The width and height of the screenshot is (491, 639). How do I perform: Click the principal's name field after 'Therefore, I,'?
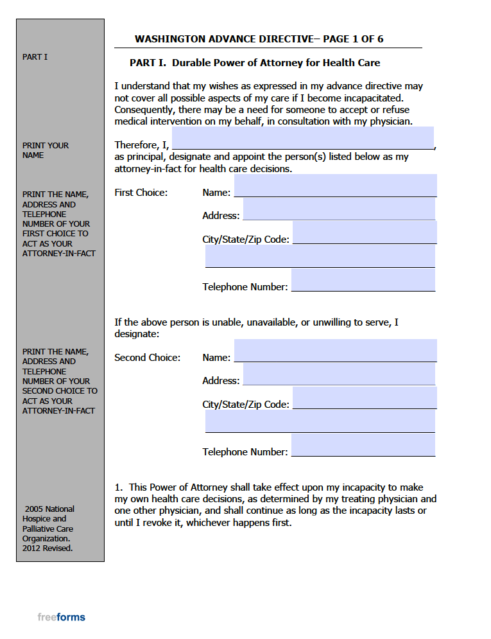click(302, 137)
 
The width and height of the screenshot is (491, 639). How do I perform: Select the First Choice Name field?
click(335, 186)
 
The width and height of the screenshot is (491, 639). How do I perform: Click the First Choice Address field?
click(339, 209)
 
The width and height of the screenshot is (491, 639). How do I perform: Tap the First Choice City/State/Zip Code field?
click(364, 232)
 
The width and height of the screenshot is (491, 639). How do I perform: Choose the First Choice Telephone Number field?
click(363, 280)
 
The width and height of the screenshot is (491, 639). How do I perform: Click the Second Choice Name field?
click(335, 351)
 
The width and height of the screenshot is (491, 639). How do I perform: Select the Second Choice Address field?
click(339, 374)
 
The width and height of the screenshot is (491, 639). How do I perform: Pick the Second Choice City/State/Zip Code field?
click(364, 398)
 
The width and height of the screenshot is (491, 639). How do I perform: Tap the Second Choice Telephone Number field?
click(363, 445)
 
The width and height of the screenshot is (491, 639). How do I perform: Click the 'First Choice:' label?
click(141, 193)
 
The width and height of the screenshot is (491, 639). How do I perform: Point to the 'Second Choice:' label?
click(147, 358)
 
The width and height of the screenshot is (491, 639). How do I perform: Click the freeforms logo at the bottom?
click(61, 617)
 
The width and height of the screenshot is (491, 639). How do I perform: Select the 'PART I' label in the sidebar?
click(35, 57)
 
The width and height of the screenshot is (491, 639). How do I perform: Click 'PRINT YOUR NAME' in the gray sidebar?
click(45, 150)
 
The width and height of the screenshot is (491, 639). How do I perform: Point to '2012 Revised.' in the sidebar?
click(47, 548)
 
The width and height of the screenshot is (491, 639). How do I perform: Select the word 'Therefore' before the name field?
click(135, 145)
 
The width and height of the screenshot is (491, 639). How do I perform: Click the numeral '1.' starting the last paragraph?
click(119, 487)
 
